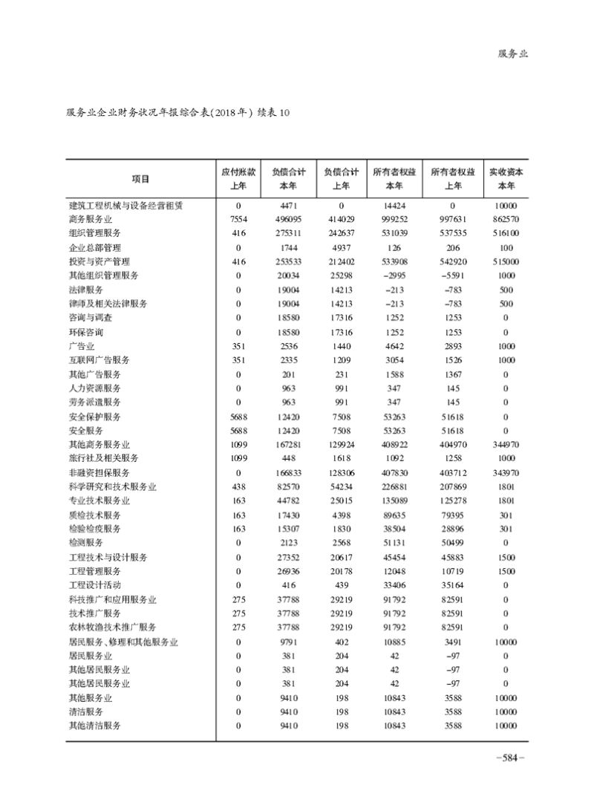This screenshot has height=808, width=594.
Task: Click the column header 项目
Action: pos(140,179)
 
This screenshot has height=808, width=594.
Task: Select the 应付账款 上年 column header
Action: pos(238,179)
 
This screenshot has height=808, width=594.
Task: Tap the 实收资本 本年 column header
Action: pos(505,179)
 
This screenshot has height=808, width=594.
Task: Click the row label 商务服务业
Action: pos(91,219)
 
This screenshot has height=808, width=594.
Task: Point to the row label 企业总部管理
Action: pos(94,247)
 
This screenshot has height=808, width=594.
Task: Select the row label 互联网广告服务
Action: pos(99,359)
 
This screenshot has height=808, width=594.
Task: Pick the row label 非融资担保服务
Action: pos(99,472)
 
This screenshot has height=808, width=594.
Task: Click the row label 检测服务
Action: pos(85,543)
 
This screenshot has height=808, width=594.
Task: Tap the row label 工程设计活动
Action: pos(94,585)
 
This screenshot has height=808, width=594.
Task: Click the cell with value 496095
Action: pos(288,219)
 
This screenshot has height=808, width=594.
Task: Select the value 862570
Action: pos(505,219)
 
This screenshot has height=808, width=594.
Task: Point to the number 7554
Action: pos(238,219)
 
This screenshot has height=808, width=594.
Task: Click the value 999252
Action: pos(395,219)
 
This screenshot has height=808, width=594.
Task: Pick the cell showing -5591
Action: pos(451,276)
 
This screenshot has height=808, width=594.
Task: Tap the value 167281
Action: pos(288,444)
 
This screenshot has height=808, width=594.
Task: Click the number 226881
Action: pos(395,486)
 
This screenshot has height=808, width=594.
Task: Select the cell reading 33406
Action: pos(395,585)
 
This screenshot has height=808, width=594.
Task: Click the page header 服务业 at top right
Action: pos(512,53)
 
